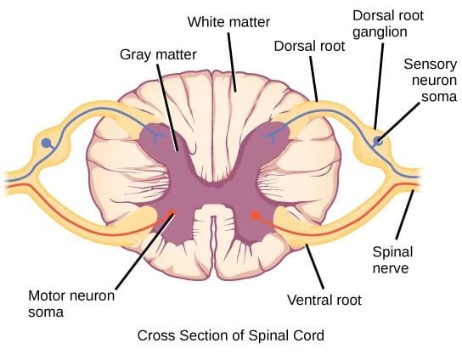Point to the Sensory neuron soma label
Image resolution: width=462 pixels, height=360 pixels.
pyautogui.click(x=430, y=82)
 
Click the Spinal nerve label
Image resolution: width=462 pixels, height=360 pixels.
pyautogui.click(x=392, y=260)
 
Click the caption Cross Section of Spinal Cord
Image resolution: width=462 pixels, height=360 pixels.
pyautogui.click(x=231, y=335)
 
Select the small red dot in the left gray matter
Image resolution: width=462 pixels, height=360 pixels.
pyautogui.click(x=173, y=213)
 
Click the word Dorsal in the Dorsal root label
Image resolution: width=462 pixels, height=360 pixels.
pyautogui.click(x=290, y=47)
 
